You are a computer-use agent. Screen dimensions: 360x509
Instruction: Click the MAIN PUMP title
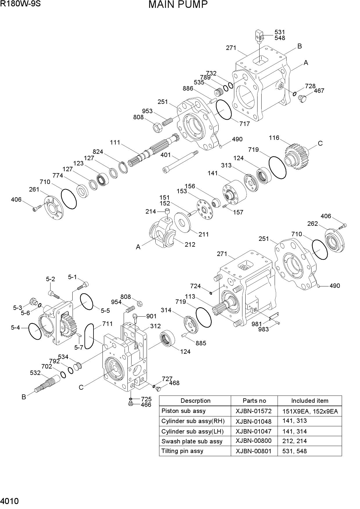[178, 5]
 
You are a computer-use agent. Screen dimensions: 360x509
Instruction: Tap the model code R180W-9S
[20, 4]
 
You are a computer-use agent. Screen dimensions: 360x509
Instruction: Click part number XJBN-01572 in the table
[254, 411]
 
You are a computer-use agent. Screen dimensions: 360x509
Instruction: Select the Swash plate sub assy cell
[192, 441]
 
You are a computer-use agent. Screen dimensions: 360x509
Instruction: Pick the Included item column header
[310, 401]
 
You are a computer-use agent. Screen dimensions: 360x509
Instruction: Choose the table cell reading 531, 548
[294, 451]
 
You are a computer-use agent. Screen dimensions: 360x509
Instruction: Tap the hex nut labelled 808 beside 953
[157, 127]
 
